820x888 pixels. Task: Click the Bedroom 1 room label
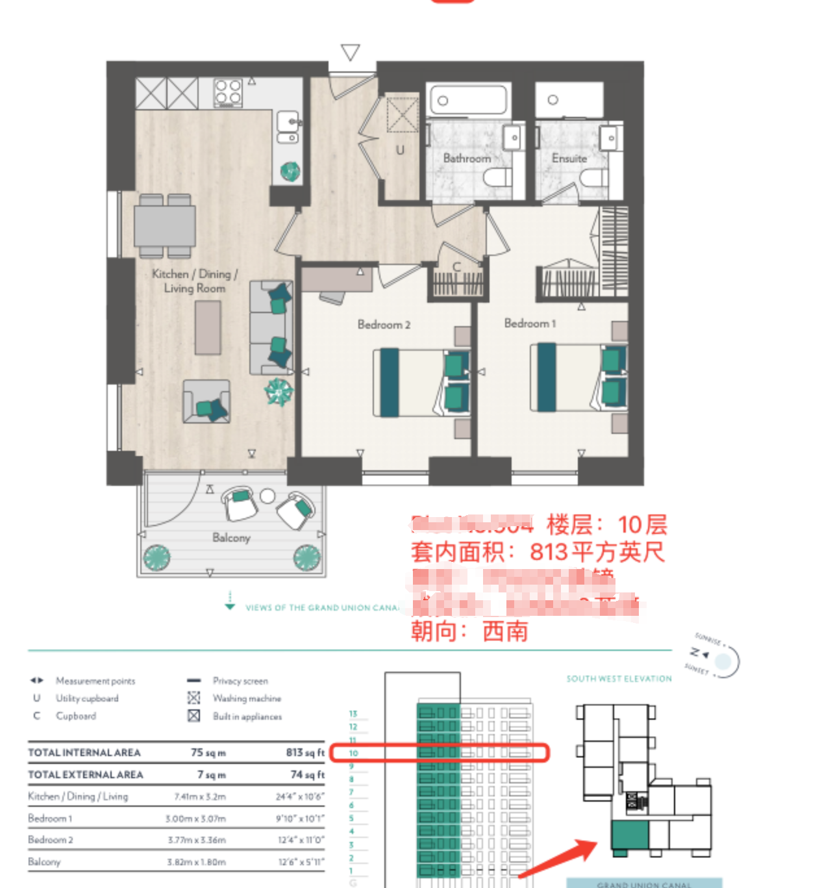pyautogui.click(x=530, y=323)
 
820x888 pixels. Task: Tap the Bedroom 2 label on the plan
pyautogui.click(x=384, y=324)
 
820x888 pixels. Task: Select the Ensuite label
pyautogui.click(x=569, y=158)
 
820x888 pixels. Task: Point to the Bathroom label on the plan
pyautogui.click(x=467, y=158)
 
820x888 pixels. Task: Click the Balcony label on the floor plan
pyautogui.click(x=231, y=537)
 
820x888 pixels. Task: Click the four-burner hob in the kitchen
pyautogui.click(x=229, y=92)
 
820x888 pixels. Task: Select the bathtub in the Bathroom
pyautogui.click(x=467, y=100)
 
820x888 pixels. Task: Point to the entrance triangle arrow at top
pyautogui.click(x=351, y=52)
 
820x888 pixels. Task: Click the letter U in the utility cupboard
pyautogui.click(x=400, y=150)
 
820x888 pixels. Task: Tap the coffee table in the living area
pyautogui.click(x=208, y=327)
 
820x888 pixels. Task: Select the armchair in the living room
pyautogui.click(x=206, y=402)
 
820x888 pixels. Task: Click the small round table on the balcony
pyautogui.click(x=267, y=496)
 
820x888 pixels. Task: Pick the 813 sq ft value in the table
pyautogui.click(x=304, y=752)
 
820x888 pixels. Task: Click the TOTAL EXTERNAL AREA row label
pyautogui.click(x=85, y=774)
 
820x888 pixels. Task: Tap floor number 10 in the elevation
pyautogui.click(x=353, y=753)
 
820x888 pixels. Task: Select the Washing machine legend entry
pyautogui.click(x=247, y=698)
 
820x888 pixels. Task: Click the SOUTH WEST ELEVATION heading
pyautogui.click(x=619, y=678)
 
